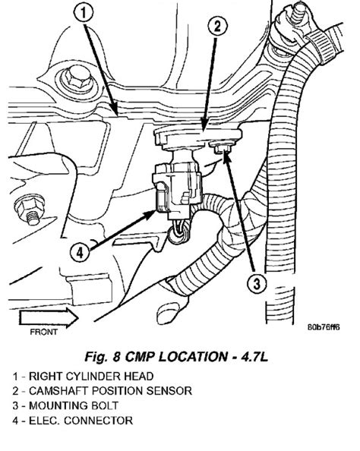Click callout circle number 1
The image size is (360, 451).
pos(84,13)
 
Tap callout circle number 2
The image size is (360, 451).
pos(217,27)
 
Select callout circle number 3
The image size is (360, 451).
pos(257,283)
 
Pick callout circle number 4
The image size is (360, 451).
pos(81,253)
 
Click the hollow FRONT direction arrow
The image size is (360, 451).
pos(49,318)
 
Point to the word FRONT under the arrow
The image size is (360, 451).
pos(44,332)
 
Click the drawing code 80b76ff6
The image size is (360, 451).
pos(324,327)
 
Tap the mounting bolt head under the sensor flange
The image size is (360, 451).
pos(222,148)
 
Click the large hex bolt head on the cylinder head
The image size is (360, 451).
pos(76,78)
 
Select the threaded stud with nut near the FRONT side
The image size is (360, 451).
pos(30,210)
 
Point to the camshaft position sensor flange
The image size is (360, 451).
pos(198,137)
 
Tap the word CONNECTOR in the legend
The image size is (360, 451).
pos(99,421)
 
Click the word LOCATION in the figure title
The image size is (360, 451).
pos(193,357)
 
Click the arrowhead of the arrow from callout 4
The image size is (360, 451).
pos(150,214)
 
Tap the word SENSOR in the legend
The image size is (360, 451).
pos(169,391)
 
